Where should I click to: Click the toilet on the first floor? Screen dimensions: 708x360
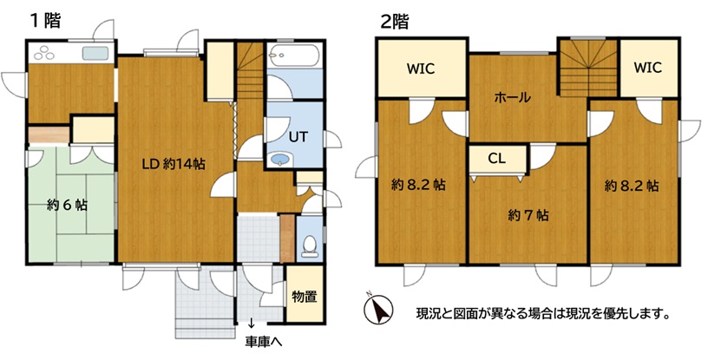click(x=309, y=246)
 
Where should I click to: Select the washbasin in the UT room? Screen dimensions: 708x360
click(x=280, y=160)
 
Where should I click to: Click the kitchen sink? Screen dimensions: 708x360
click(x=95, y=53)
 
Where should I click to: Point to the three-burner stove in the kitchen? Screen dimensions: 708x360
click(x=43, y=53)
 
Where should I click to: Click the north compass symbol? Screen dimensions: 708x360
click(x=378, y=310)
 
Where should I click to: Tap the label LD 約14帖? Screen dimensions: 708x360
click(x=174, y=164)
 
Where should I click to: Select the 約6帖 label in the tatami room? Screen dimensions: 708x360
click(x=68, y=206)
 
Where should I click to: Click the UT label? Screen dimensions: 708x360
click(x=298, y=137)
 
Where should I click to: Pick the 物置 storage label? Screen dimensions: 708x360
click(x=305, y=297)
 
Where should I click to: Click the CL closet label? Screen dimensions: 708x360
click(x=496, y=159)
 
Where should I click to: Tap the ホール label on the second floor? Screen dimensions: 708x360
click(x=512, y=97)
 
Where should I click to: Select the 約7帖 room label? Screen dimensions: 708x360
click(x=528, y=216)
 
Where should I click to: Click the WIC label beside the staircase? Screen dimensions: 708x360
click(x=648, y=68)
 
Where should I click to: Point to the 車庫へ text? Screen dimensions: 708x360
click(x=264, y=342)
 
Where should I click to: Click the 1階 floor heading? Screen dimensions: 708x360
click(x=45, y=20)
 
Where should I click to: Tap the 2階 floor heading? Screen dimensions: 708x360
click(x=394, y=21)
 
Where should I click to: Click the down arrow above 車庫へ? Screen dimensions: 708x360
click(x=251, y=324)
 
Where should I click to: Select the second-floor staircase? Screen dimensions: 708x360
click(x=589, y=68)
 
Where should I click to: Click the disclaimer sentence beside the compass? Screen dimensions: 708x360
click(x=542, y=312)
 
